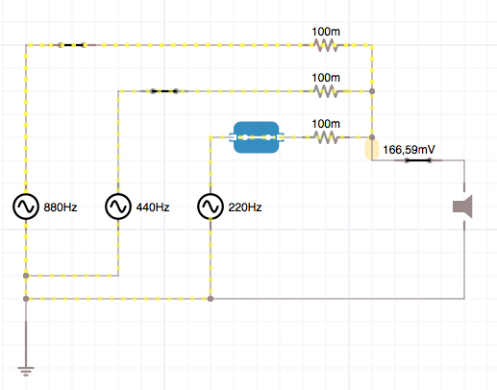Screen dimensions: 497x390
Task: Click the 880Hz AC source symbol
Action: [26, 207]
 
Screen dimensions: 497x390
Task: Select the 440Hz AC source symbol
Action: [118, 207]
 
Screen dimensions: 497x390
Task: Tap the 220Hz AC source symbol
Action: [211, 207]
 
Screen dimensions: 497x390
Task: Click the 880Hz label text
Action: [61, 207]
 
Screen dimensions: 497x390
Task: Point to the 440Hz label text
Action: [153, 207]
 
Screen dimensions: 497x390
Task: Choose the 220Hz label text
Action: [245, 207]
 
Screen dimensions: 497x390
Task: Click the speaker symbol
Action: [463, 207]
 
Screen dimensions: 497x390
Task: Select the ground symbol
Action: [26, 372]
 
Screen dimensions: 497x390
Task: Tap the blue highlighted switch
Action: [257, 137]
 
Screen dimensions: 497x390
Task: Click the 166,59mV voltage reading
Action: [409, 150]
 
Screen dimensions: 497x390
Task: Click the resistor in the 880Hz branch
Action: [326, 45]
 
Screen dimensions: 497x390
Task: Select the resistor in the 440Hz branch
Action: [326, 91]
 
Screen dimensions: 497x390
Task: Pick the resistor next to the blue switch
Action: [326, 137]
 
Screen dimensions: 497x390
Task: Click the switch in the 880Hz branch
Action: [72, 45]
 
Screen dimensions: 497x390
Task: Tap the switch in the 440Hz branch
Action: [164, 91]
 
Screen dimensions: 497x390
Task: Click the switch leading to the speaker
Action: [418, 160]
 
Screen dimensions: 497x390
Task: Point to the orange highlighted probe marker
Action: [372, 149]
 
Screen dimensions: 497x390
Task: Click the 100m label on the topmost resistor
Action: [326, 32]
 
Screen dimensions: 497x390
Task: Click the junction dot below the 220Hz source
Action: [211, 299]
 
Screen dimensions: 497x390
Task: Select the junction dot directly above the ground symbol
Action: [26, 299]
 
